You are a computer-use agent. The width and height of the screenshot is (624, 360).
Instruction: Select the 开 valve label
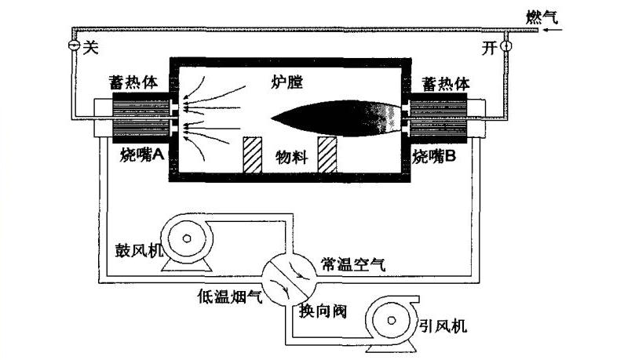point(489,48)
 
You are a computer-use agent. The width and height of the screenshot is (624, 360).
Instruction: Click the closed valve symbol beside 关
point(72,47)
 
